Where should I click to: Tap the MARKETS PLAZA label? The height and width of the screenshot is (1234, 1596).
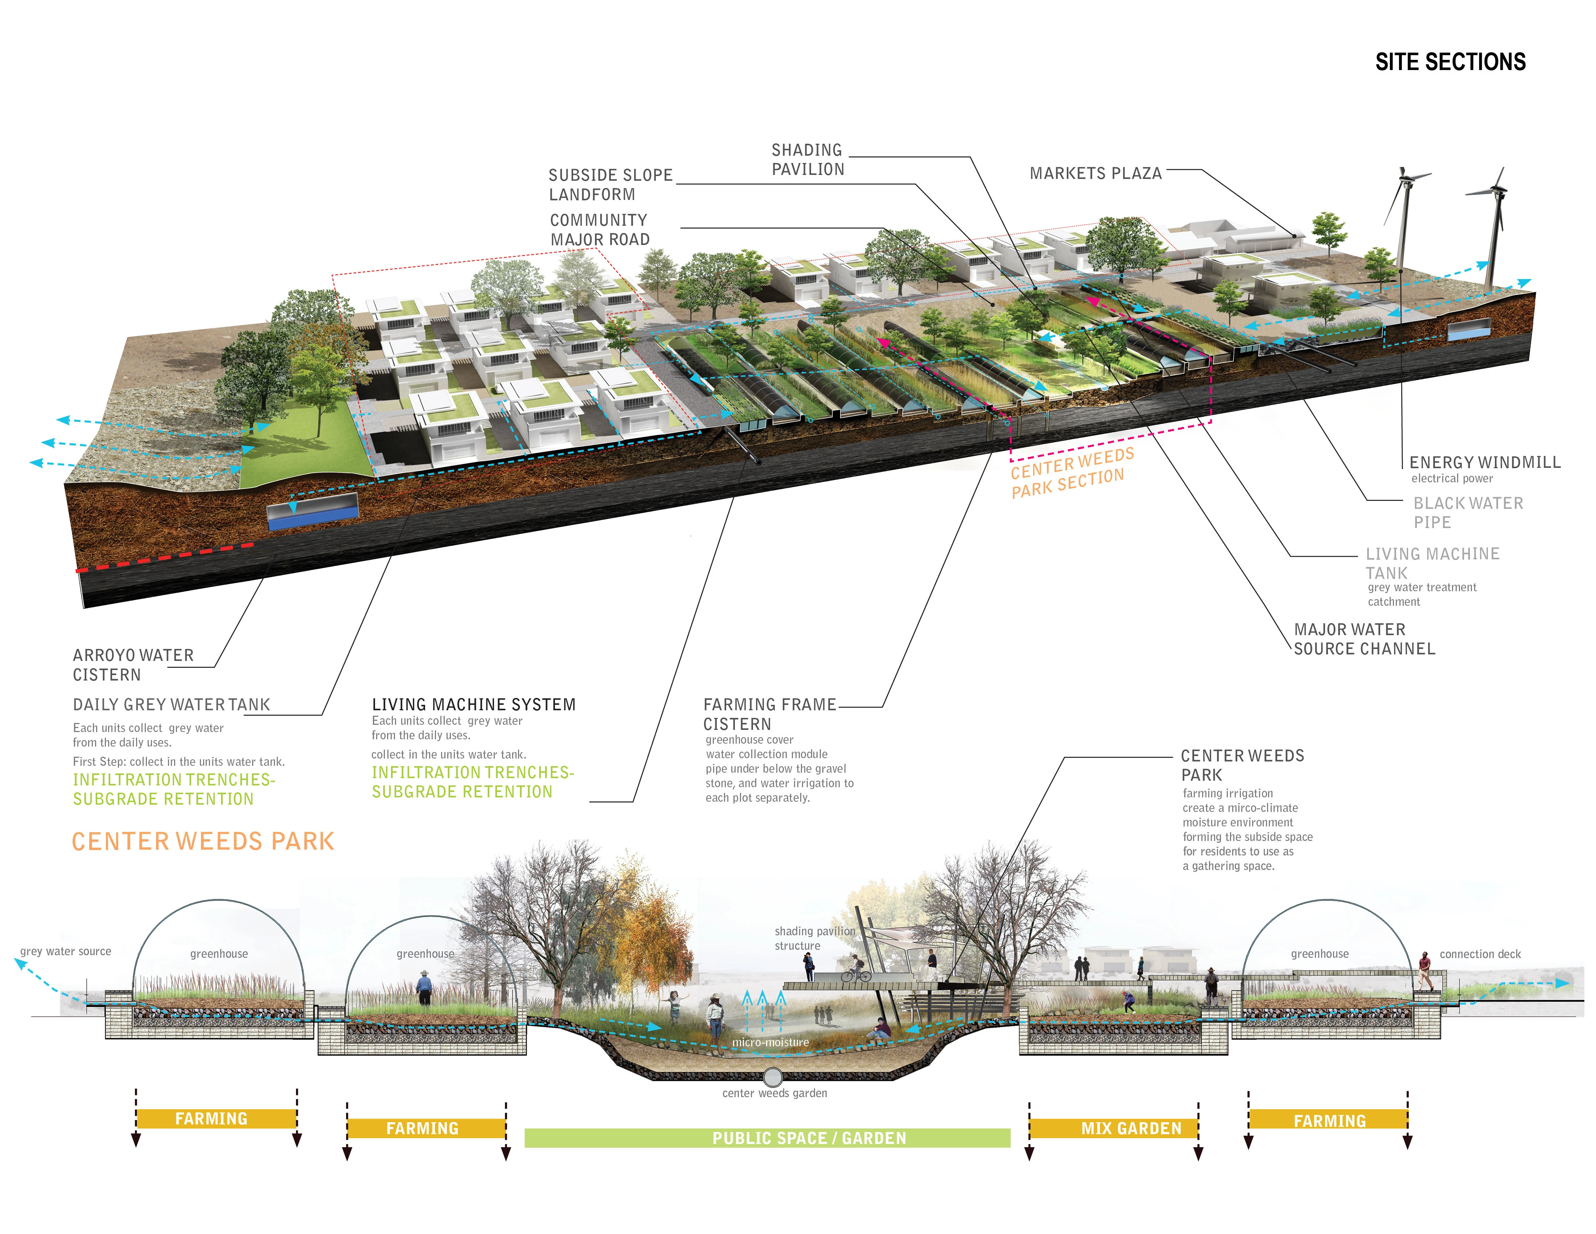(1095, 173)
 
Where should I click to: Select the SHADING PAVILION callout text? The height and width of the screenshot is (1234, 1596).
(807, 159)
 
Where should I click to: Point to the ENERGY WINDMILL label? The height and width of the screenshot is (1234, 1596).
(1484, 462)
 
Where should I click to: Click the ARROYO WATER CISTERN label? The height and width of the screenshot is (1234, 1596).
(133, 665)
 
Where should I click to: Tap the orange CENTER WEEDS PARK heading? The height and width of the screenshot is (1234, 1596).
(203, 841)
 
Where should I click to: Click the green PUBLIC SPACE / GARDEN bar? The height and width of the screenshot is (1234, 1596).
(767, 1138)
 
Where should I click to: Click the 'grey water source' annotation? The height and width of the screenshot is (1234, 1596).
(66, 951)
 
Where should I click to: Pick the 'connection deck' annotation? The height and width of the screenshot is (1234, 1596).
(1480, 954)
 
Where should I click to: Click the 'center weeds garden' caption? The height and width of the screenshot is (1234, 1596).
(775, 1093)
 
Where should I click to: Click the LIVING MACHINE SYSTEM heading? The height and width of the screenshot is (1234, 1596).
(473, 705)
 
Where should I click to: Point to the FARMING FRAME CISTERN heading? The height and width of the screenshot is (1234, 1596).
(769, 714)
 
